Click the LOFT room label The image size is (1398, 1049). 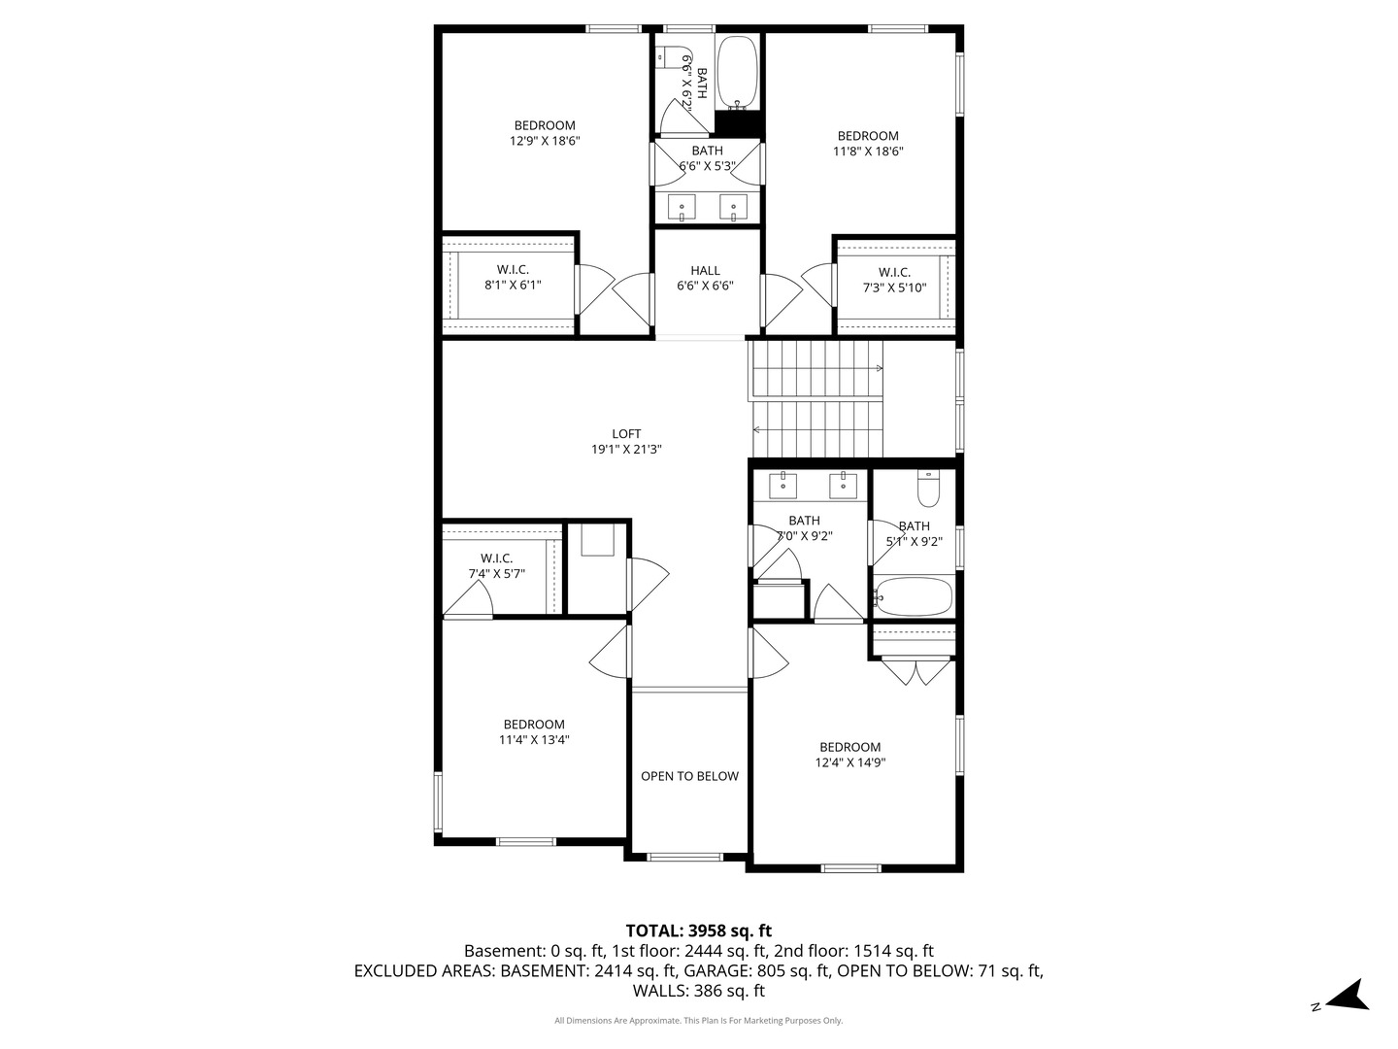626,434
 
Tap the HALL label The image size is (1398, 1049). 705,271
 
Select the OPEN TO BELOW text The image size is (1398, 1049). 689,776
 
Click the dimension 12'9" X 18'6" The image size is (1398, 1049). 545,141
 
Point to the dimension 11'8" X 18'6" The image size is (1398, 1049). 868,152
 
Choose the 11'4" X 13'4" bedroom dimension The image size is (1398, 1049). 534,740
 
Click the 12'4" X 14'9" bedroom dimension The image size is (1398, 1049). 849,762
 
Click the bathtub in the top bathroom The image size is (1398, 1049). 739,74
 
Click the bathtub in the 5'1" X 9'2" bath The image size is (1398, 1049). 914,596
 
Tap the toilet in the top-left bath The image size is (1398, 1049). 667,55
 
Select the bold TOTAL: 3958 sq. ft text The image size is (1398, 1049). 698,931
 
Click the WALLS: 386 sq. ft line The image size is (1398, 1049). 698,991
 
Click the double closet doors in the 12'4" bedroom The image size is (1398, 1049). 916,672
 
